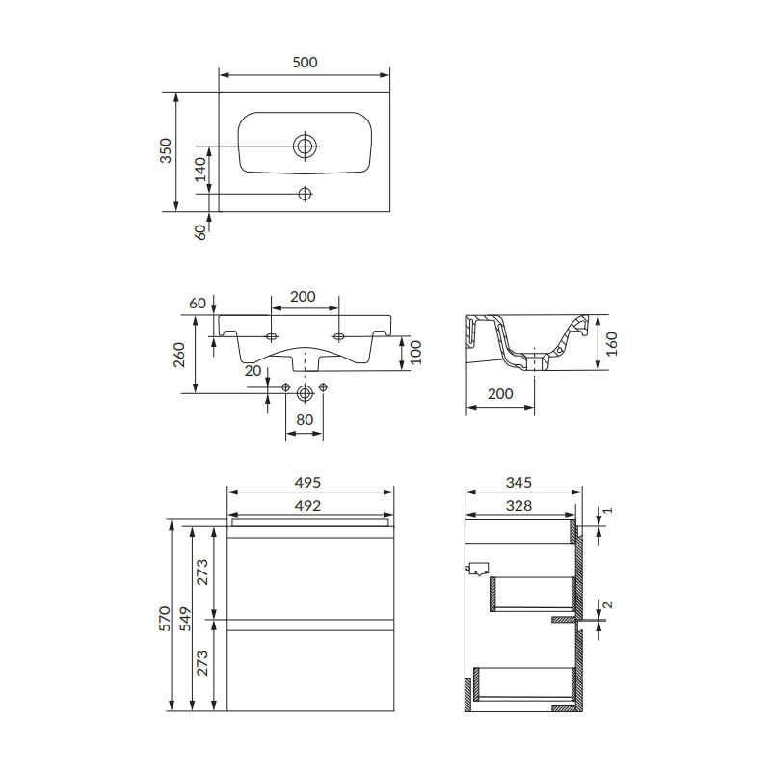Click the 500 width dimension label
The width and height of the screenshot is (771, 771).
(x=305, y=63)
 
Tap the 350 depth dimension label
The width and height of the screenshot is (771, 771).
(x=166, y=151)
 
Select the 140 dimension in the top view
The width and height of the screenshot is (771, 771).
(x=200, y=170)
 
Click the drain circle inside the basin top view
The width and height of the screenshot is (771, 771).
(x=305, y=146)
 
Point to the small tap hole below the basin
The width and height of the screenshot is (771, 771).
(x=305, y=194)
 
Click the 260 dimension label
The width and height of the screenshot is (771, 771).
(x=179, y=355)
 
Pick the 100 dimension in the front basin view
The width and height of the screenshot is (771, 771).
(x=416, y=353)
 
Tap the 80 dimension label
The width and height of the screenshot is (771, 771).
(x=305, y=420)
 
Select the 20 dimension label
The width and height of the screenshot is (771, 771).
(x=253, y=371)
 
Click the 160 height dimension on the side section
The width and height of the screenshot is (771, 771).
(x=611, y=344)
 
